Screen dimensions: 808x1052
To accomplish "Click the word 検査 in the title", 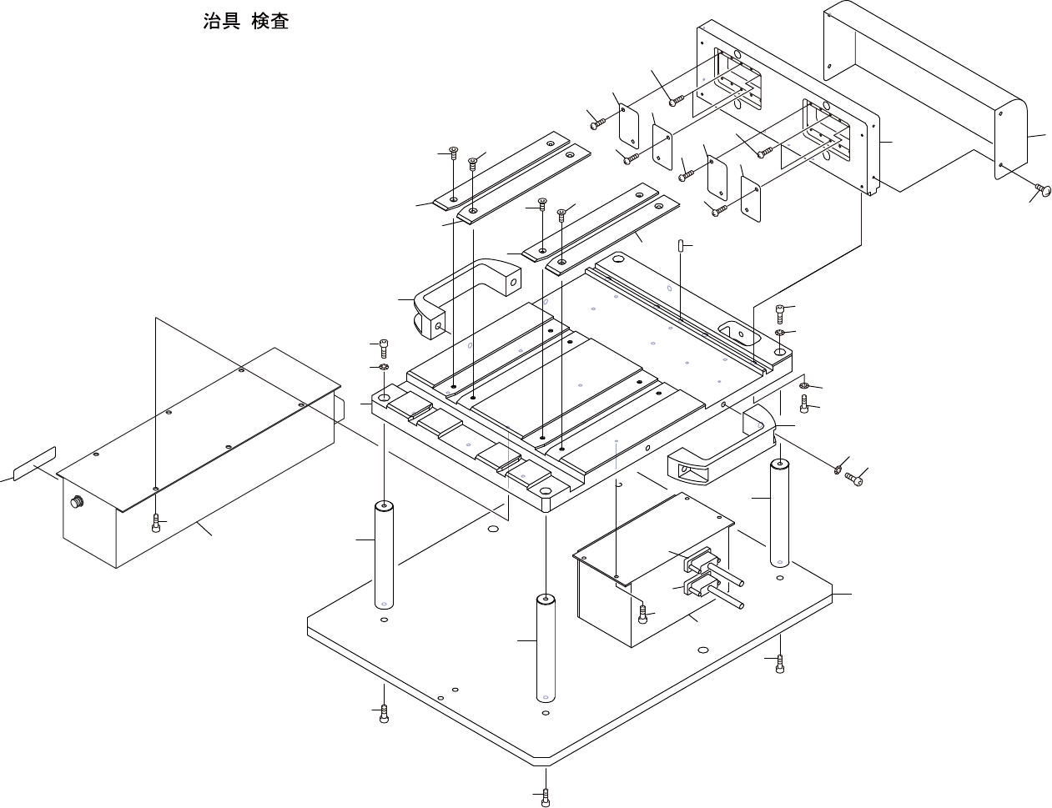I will pyautogui.click(x=270, y=22).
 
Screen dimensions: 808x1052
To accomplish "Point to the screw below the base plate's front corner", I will pyautogui.click(x=546, y=797).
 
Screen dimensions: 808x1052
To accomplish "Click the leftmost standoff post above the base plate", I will pyautogui.click(x=384, y=555).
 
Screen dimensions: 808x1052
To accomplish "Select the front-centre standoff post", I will pyautogui.click(x=546, y=648).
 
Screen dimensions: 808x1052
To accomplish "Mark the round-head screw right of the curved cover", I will pyautogui.click(x=1042, y=191).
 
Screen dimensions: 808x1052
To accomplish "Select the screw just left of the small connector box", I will pyautogui.click(x=642, y=615).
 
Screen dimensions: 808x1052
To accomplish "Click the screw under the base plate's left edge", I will pyautogui.click(x=384, y=714).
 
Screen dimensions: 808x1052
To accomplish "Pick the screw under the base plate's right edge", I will pyautogui.click(x=779, y=664).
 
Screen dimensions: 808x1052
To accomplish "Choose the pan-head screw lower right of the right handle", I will pyautogui.click(x=853, y=479).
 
